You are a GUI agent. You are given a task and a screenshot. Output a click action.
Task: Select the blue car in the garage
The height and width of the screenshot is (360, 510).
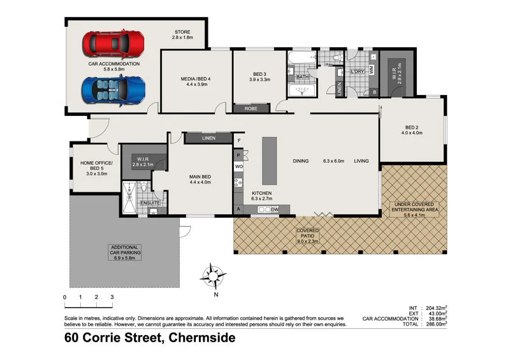(113, 90)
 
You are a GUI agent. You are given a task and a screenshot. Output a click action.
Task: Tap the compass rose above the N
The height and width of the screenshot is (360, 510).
(213, 275)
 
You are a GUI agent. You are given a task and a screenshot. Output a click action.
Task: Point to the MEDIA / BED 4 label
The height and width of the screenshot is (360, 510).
(195, 82)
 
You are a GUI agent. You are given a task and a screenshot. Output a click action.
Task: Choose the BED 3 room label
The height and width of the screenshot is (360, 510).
(259, 77)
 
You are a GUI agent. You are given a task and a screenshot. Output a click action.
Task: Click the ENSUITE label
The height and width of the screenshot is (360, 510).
(149, 203)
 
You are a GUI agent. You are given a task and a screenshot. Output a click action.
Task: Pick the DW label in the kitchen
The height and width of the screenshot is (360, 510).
(275, 210)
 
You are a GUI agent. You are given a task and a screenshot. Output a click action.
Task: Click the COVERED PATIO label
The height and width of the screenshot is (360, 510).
(307, 236)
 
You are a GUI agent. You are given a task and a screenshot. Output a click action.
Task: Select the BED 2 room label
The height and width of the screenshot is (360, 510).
(412, 130)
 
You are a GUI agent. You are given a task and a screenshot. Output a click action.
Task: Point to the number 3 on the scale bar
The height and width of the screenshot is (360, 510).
(112, 297)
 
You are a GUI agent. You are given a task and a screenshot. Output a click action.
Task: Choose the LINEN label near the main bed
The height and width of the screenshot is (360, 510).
(208, 138)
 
